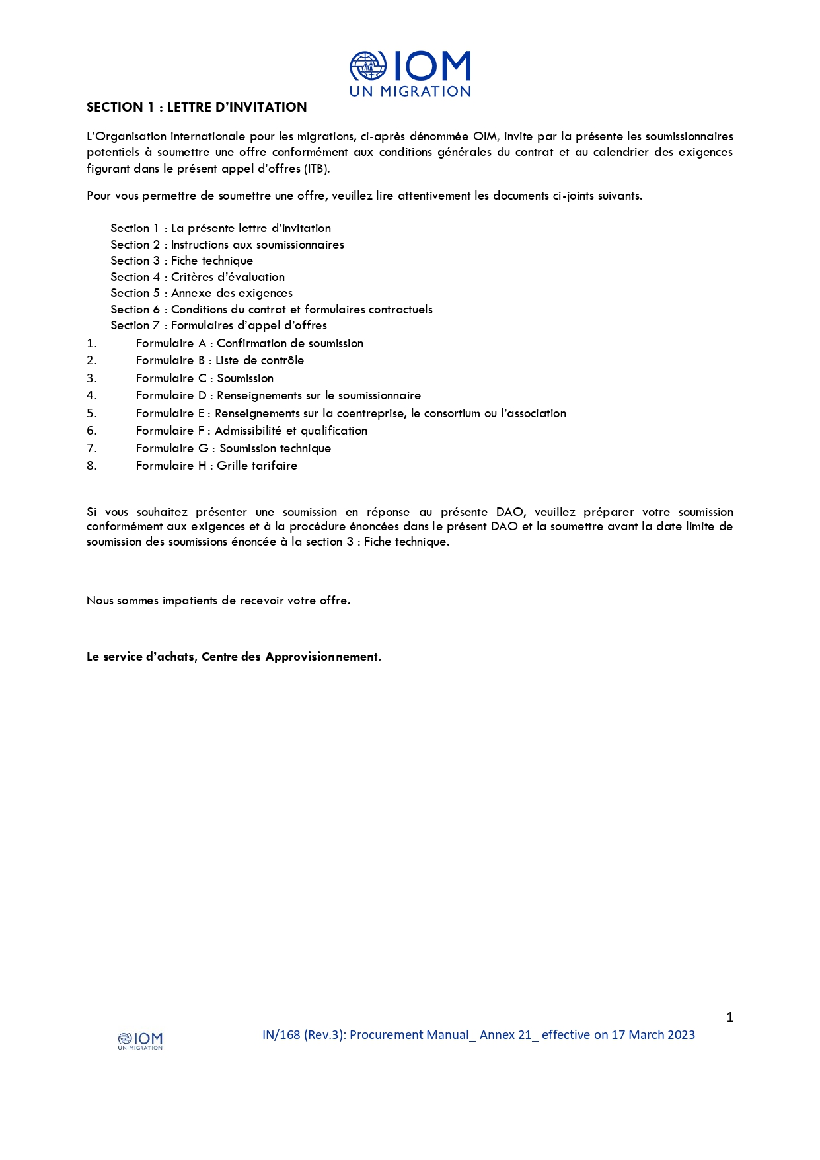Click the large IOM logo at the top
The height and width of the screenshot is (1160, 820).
[x=410, y=73]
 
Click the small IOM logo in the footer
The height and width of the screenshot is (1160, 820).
[x=140, y=1040]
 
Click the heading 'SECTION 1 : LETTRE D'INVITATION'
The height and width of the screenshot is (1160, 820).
[x=196, y=107]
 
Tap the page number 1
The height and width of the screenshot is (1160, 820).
[x=729, y=1017]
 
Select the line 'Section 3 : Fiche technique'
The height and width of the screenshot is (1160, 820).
[x=182, y=261]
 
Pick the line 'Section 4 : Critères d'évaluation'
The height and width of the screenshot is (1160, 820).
[x=198, y=277]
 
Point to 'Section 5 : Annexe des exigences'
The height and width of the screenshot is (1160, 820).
[x=202, y=293]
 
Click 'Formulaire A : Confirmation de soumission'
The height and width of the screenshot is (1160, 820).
[x=249, y=343]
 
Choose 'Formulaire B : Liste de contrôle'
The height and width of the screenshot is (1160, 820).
[x=220, y=360]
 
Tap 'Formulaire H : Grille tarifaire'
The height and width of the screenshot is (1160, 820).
[x=217, y=466]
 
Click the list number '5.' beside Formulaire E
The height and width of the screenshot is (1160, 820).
[x=92, y=413]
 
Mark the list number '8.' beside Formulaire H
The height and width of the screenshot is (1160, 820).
[x=92, y=466]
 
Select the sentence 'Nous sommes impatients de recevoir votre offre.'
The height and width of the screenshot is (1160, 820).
[x=218, y=601]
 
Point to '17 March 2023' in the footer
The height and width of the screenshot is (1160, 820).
[x=653, y=1035]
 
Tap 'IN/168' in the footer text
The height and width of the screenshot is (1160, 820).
[x=281, y=1035]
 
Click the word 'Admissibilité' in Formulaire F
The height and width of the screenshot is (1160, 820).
[x=248, y=431]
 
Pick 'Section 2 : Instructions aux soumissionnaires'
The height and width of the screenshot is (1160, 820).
[x=227, y=245]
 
